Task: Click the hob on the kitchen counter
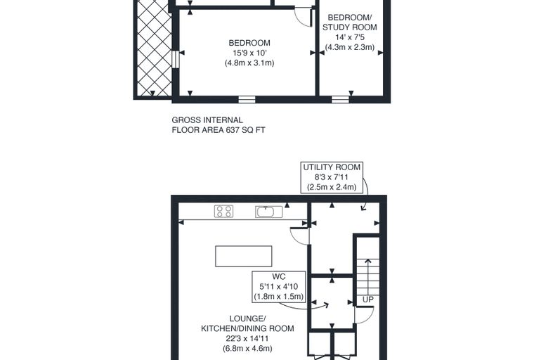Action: point(223,212)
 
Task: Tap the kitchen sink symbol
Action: point(268,212)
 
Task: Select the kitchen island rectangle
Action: point(244,256)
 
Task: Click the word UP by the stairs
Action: point(367,300)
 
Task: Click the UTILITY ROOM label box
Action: point(332,178)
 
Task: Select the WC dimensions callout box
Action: point(278,287)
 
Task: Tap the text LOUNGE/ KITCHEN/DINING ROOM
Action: point(247,323)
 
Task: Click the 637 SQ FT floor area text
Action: point(245,130)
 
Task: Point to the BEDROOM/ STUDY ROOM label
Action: point(350,22)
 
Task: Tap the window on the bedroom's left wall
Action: point(176,59)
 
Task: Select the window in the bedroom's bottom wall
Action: point(247,99)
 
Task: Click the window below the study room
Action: point(341,99)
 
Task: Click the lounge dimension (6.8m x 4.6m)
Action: point(247,349)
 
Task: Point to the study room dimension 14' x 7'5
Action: point(350,37)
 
